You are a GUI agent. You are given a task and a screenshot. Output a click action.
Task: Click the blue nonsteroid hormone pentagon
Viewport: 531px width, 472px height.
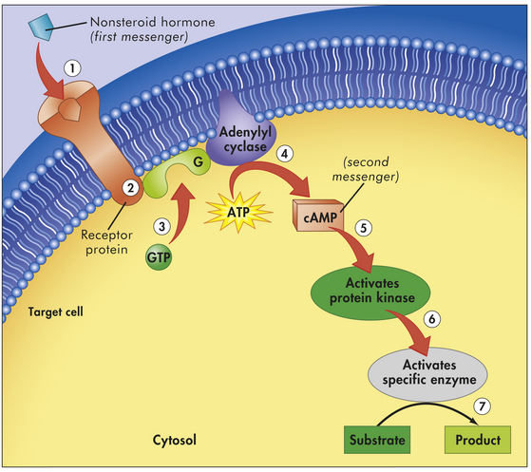(41, 27)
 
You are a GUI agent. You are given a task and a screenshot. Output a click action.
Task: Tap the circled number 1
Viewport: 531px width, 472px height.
(72, 68)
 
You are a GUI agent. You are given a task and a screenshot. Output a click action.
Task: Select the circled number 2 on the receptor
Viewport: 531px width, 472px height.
(130, 188)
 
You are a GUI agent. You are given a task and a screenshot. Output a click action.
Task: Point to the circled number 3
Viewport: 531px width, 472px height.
(161, 226)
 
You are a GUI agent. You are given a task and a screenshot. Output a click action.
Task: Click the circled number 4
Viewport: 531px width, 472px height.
(285, 154)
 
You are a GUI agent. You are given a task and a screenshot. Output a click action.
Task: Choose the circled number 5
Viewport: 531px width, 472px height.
(364, 228)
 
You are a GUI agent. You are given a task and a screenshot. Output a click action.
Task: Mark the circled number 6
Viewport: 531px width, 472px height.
(432, 318)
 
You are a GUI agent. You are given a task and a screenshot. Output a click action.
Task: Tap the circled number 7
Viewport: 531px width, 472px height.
(482, 406)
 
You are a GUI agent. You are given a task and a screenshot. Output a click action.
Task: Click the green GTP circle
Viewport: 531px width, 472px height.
(159, 257)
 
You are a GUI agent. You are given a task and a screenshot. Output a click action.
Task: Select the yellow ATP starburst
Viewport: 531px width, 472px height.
(238, 213)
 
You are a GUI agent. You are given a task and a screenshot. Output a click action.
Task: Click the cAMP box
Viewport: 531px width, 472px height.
(318, 216)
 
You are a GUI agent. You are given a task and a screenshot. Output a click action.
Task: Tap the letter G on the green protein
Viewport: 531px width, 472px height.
(199, 161)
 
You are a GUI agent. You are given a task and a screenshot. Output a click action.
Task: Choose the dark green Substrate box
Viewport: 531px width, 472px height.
(377, 440)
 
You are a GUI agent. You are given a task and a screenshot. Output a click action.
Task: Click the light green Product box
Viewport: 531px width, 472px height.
(478, 440)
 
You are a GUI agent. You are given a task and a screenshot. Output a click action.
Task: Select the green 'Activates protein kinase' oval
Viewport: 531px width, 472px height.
(370, 293)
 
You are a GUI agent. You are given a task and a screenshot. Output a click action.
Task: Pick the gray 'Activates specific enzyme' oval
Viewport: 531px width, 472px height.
(427, 374)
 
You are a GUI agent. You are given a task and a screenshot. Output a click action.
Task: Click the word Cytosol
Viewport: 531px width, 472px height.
(175, 440)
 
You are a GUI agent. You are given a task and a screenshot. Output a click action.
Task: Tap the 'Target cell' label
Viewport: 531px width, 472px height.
(55, 312)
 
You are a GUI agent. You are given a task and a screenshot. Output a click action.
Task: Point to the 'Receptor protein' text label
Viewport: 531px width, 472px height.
(106, 242)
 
